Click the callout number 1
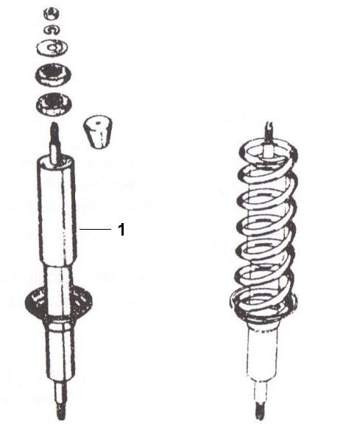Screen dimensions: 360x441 (x=121, y=230)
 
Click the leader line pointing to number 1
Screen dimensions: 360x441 (x=96, y=230)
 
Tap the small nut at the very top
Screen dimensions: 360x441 (x=52, y=13)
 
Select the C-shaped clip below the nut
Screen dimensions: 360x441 (x=52, y=30)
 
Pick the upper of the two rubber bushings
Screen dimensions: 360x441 (x=53, y=74)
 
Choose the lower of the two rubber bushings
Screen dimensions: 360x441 (x=54, y=104)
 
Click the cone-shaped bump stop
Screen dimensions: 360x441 (x=98, y=131)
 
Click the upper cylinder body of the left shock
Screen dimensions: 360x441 (x=57, y=211)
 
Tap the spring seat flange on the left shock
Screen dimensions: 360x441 (x=59, y=303)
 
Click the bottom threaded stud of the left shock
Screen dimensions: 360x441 (x=61, y=403)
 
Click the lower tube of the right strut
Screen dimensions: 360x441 (x=262, y=353)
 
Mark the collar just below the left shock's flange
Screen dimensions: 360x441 (x=59, y=325)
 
